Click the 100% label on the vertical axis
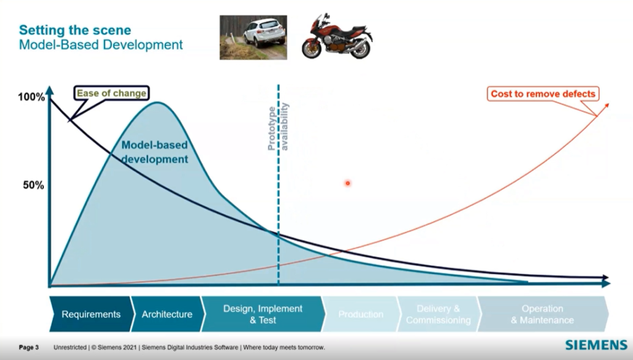[31, 97]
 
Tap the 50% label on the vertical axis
[33, 185]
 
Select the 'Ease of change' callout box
[111, 93]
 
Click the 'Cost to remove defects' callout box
[542, 94]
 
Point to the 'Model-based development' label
[154, 152]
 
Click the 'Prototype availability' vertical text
[278, 127]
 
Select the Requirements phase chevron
[90, 314]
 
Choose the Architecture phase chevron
[167, 314]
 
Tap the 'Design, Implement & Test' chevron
[262, 314]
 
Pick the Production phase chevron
[360, 314]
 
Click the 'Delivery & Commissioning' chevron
[438, 314]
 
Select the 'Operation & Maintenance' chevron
[542, 314]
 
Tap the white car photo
[253, 37]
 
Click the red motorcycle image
[337, 37]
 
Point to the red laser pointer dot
[347, 182]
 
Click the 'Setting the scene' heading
[75, 30]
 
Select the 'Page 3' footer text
[29, 348]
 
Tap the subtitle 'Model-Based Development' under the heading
[101, 45]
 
